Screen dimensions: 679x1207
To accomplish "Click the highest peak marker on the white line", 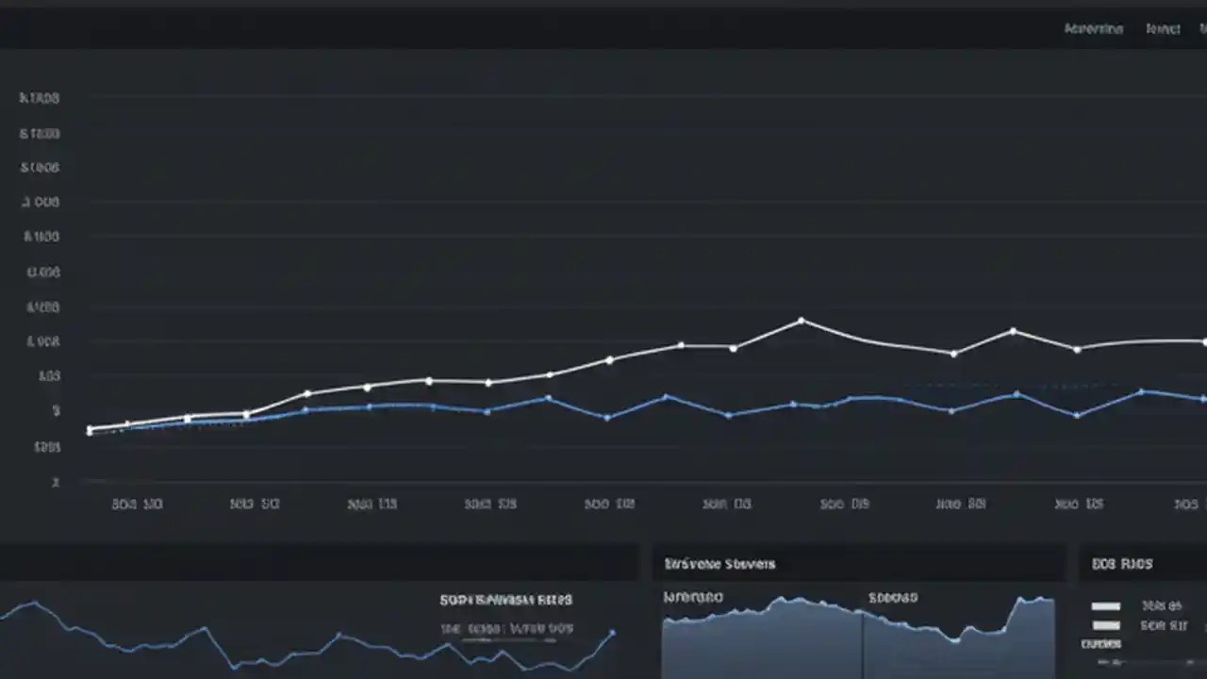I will click(802, 321).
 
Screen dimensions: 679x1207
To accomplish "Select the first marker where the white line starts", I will click(90, 429).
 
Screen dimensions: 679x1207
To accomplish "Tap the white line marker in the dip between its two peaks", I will click(954, 354).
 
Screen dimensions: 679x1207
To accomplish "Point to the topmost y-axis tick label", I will click(40, 97).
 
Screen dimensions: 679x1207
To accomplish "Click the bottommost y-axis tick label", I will click(56, 482).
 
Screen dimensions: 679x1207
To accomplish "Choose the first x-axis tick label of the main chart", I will click(137, 505).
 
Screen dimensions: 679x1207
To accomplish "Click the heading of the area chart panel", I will click(719, 564).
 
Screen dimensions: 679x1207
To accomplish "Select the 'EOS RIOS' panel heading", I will click(1122, 564).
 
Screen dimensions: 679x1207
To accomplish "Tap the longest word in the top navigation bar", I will click(1094, 29).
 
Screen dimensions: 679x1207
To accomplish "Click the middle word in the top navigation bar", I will click(1163, 29).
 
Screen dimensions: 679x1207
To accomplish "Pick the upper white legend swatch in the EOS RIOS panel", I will click(1105, 606).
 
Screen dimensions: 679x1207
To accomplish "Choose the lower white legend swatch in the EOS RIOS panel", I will click(1105, 625).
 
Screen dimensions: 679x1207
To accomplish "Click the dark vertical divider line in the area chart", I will click(862, 641).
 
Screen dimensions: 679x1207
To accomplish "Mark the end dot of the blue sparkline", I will click(613, 633).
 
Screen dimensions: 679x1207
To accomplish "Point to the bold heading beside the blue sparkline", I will click(505, 600).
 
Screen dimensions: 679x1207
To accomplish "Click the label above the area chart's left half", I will click(693, 597).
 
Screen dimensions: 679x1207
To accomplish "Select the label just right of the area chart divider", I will click(893, 597).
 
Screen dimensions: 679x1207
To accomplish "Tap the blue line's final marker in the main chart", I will click(1203, 399).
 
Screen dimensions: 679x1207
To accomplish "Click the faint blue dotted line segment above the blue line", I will click(1000, 385).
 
